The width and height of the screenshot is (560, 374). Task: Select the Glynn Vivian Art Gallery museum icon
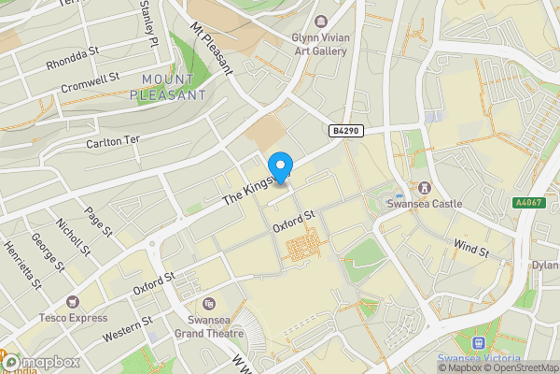click(322, 21)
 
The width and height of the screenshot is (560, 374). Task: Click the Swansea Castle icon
click(426, 187)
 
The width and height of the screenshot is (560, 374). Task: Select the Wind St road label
click(470, 249)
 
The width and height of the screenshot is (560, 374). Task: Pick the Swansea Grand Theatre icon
click(208, 302)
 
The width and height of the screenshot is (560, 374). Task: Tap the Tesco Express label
click(74, 317)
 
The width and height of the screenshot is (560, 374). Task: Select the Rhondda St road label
click(72, 59)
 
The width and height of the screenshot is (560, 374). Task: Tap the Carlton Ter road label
click(113, 140)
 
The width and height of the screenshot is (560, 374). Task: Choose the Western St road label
click(128, 330)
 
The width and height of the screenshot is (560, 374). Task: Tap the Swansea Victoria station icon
click(480, 343)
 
